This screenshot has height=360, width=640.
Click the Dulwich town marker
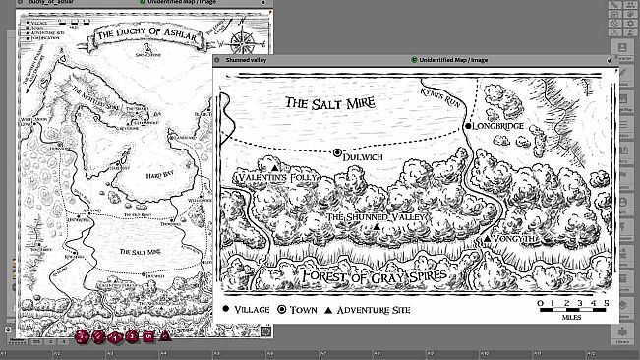pyautogui.click(x=337, y=153)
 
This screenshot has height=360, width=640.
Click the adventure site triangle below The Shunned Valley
pyautogui.click(x=377, y=229)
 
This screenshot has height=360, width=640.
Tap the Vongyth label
pyautogui.click(x=516, y=238)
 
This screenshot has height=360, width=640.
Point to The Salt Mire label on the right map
pyautogui.click(x=336, y=102)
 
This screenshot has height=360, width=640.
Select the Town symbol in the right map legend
pyautogui.click(x=282, y=309)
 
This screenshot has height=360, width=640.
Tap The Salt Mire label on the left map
pyautogui.click(x=141, y=252)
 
